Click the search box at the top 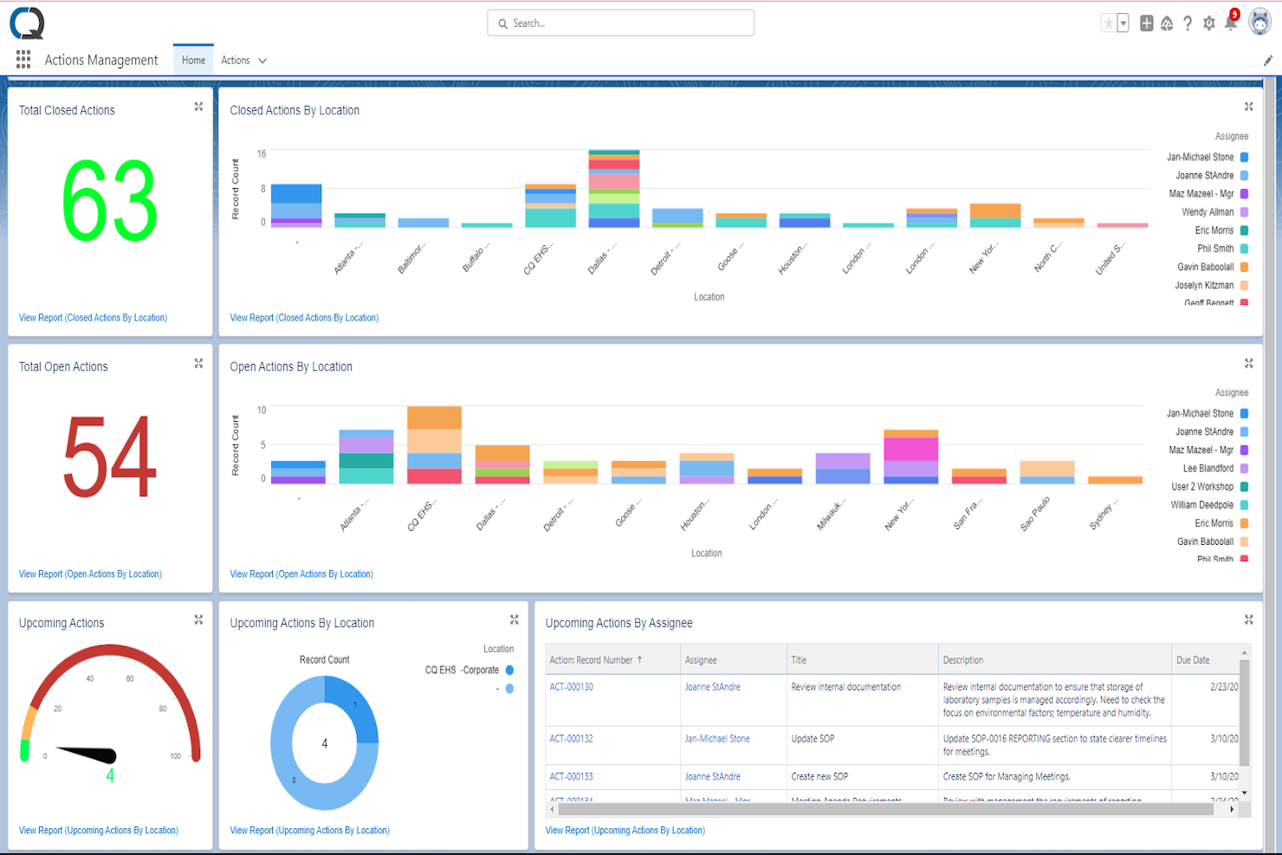pos(620,23)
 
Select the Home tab pos(193,61)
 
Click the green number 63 pos(110,202)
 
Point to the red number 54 pos(110,457)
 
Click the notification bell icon pos(1230,23)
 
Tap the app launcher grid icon pos(23,60)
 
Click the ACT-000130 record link pos(571,687)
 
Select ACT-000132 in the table pos(571,739)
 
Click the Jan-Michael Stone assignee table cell pos(717,739)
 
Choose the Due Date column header pos(1193,660)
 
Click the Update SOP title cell pos(813,739)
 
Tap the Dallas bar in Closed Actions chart pos(614,189)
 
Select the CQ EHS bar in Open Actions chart pos(434,445)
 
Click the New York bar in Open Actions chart pos(910,457)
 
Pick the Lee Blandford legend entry pos(1208,469)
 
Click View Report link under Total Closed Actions pos(93,318)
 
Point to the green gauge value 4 pos(110,776)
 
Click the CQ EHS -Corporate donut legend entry pos(463,670)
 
